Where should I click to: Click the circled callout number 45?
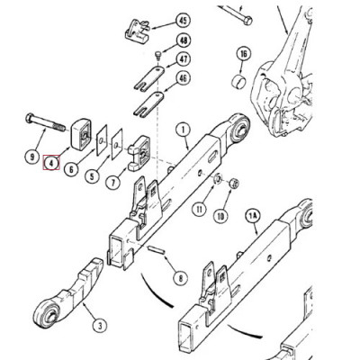[x=183, y=20]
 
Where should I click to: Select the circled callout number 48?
[x=183, y=40]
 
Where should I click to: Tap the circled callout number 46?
[x=183, y=79]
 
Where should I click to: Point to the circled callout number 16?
[x=242, y=54]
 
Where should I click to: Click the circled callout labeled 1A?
[x=254, y=217]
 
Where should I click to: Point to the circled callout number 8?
[x=180, y=278]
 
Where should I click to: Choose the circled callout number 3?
[x=98, y=327]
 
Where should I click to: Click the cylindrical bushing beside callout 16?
[x=239, y=84]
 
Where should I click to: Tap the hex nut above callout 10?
[x=233, y=184]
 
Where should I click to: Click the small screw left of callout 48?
[x=157, y=55]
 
